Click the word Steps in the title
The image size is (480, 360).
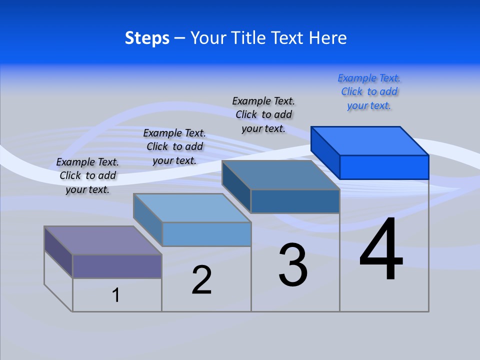(147, 38)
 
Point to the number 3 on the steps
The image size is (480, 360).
(293, 265)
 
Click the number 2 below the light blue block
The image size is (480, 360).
(201, 280)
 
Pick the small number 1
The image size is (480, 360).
(116, 295)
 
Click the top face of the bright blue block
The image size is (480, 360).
(370, 140)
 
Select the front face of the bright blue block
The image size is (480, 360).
(384, 167)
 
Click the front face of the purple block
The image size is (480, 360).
(117, 266)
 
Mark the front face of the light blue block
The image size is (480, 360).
(206, 234)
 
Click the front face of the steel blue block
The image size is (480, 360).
(295, 201)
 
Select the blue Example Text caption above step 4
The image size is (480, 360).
(369, 92)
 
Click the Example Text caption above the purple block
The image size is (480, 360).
(87, 176)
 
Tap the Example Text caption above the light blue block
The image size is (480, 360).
(174, 147)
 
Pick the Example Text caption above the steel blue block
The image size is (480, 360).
(263, 115)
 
